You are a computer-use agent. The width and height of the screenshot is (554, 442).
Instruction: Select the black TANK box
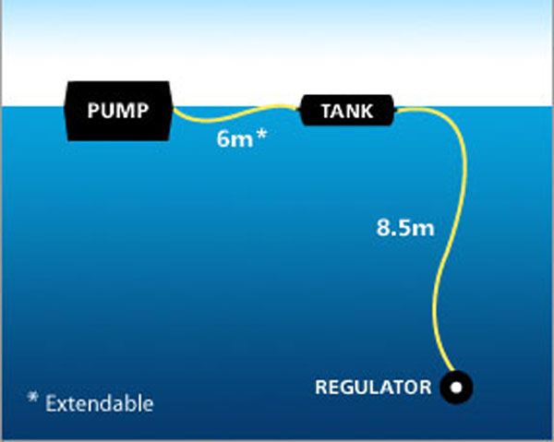(x=347, y=113)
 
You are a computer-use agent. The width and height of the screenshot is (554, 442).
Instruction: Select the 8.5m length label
(x=404, y=228)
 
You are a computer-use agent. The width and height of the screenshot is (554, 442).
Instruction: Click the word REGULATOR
(x=373, y=387)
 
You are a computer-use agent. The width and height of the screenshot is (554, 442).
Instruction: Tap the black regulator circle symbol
(x=456, y=388)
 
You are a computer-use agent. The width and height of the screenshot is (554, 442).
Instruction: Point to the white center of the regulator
(x=456, y=388)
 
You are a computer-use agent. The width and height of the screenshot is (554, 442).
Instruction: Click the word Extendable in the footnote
(x=99, y=403)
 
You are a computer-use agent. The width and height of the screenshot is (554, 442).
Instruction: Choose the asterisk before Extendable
(x=32, y=400)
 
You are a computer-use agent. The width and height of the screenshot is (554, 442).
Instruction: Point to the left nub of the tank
(x=302, y=113)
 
